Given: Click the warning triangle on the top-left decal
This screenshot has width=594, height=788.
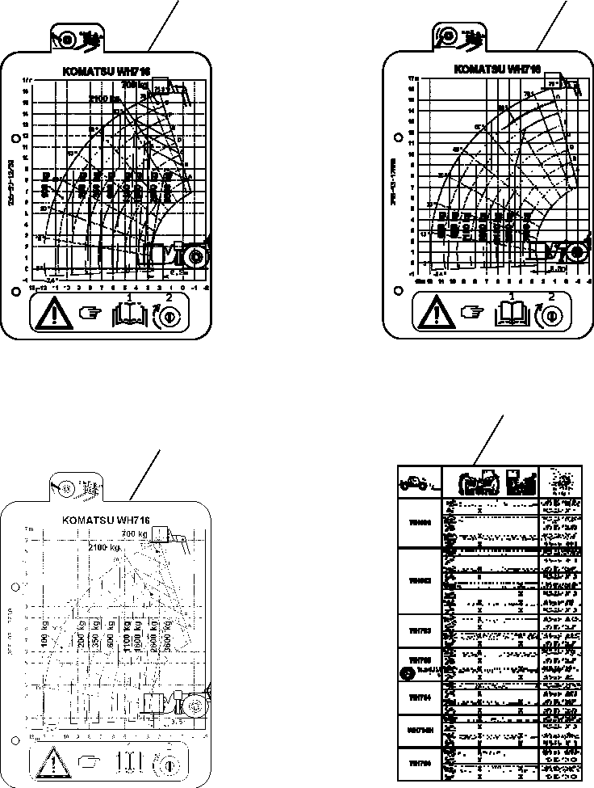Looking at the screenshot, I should [x=53, y=313].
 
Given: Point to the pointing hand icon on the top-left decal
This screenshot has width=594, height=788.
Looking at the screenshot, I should [x=90, y=314].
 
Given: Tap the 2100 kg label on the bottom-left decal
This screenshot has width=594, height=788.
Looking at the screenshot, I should [x=105, y=548].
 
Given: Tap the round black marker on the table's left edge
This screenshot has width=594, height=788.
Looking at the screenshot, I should [x=407, y=672].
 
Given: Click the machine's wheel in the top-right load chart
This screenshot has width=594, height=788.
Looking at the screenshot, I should [x=575, y=252].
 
